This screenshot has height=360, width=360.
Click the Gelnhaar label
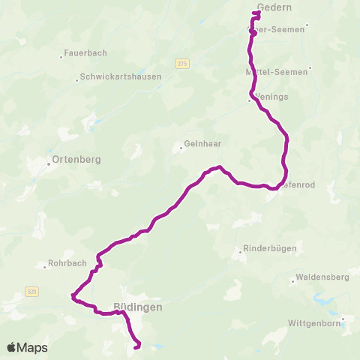click(x=199, y=145)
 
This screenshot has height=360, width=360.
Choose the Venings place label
click(x=271, y=97)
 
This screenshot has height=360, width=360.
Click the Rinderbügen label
click(x=271, y=248)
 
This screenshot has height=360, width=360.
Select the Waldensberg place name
click(x=323, y=277)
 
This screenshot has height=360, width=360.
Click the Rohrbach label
click(x=67, y=263)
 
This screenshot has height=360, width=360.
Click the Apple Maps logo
click(x=27, y=347)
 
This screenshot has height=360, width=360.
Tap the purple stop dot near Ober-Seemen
click(x=253, y=33)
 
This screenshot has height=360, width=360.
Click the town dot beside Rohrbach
click(x=45, y=265)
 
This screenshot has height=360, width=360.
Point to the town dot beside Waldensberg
click(x=292, y=282)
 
